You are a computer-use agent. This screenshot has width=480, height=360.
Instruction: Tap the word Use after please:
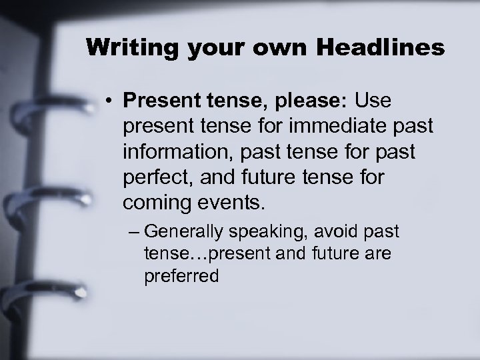375,104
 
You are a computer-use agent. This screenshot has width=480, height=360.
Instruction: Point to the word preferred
181,275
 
